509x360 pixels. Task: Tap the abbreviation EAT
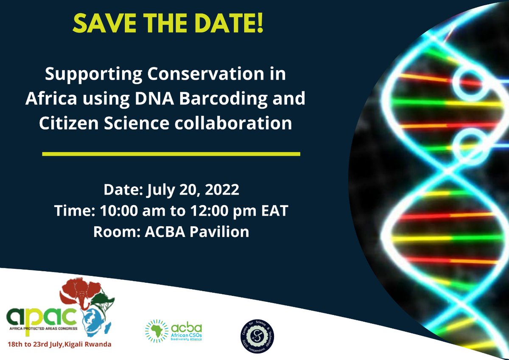click(273, 211)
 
